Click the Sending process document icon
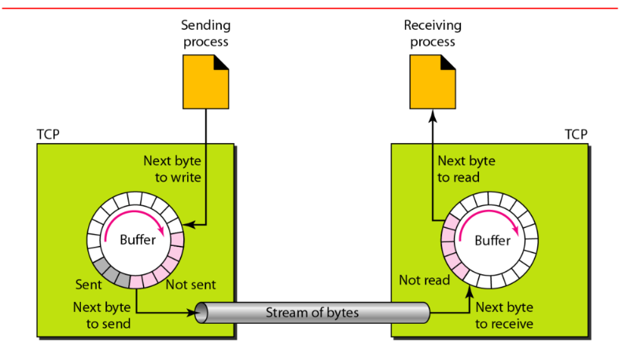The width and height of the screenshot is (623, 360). click(207, 81)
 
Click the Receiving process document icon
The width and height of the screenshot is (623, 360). click(432, 81)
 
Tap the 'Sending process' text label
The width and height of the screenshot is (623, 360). click(207, 32)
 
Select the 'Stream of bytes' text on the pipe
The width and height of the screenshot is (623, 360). click(312, 314)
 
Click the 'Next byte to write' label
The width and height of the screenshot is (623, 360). click(172, 168)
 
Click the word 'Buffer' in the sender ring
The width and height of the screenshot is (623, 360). click(138, 240)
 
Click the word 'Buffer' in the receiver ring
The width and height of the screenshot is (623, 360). click(492, 240)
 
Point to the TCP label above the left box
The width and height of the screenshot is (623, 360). click(48, 134)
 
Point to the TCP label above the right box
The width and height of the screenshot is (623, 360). click(577, 134)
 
